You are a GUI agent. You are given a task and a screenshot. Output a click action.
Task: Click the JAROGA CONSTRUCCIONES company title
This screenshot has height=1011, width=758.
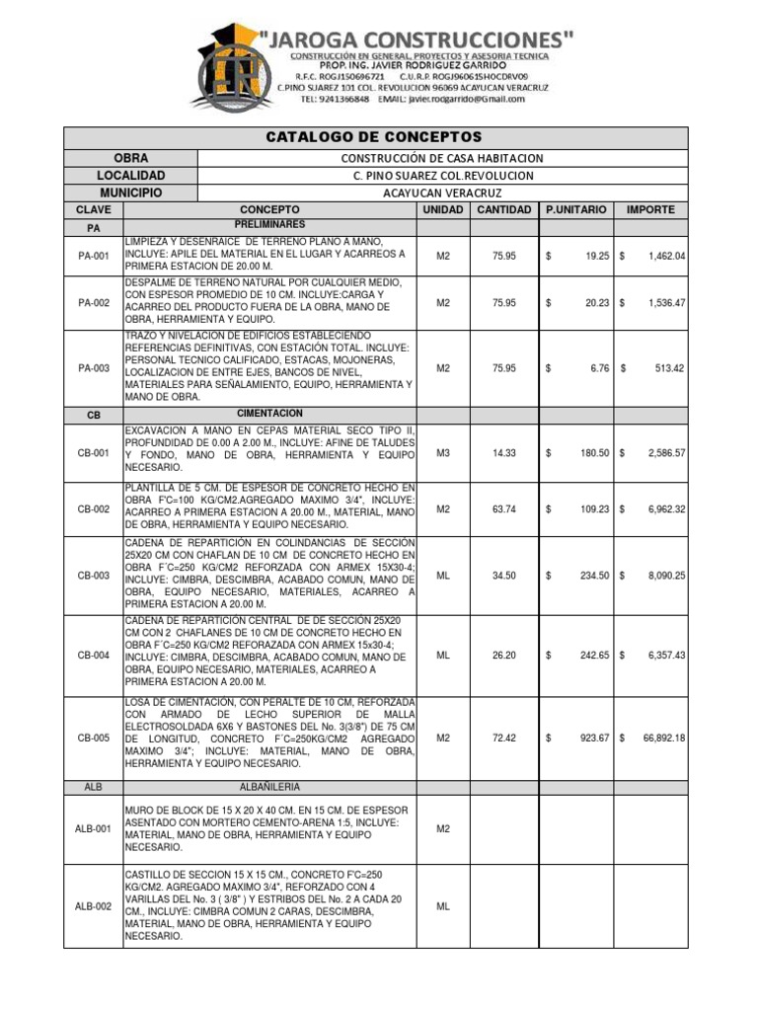(417, 39)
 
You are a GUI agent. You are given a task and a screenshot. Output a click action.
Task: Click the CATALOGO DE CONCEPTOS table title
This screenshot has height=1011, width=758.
(373, 136)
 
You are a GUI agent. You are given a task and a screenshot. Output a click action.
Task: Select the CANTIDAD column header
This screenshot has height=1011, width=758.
(504, 210)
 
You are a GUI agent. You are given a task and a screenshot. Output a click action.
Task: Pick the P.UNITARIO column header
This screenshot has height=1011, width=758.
(579, 210)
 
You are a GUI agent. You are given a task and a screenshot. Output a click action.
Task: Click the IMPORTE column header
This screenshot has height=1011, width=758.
(651, 210)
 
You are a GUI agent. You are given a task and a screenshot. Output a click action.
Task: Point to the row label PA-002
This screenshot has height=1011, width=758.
(94, 303)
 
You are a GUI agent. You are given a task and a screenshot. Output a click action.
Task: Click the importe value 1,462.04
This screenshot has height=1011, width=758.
(666, 256)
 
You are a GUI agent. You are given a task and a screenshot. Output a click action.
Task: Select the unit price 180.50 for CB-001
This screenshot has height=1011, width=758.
(592, 452)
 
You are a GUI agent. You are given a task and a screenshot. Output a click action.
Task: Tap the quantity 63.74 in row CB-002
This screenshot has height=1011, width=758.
(504, 509)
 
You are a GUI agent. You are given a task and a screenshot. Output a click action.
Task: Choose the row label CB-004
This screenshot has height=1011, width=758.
(94, 655)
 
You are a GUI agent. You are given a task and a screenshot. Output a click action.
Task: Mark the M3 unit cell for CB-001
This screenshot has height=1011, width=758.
(443, 452)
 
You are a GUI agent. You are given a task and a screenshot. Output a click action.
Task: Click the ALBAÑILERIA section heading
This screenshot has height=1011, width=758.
(269, 787)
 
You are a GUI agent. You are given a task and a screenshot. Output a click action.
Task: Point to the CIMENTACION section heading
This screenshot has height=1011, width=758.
(269, 413)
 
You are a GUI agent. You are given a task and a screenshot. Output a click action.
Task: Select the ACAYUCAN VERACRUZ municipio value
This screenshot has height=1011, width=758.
(442, 193)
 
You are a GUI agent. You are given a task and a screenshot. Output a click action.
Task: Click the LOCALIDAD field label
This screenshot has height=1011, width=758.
(131, 175)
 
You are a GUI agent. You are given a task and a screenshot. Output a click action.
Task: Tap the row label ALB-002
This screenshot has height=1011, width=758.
(94, 906)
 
